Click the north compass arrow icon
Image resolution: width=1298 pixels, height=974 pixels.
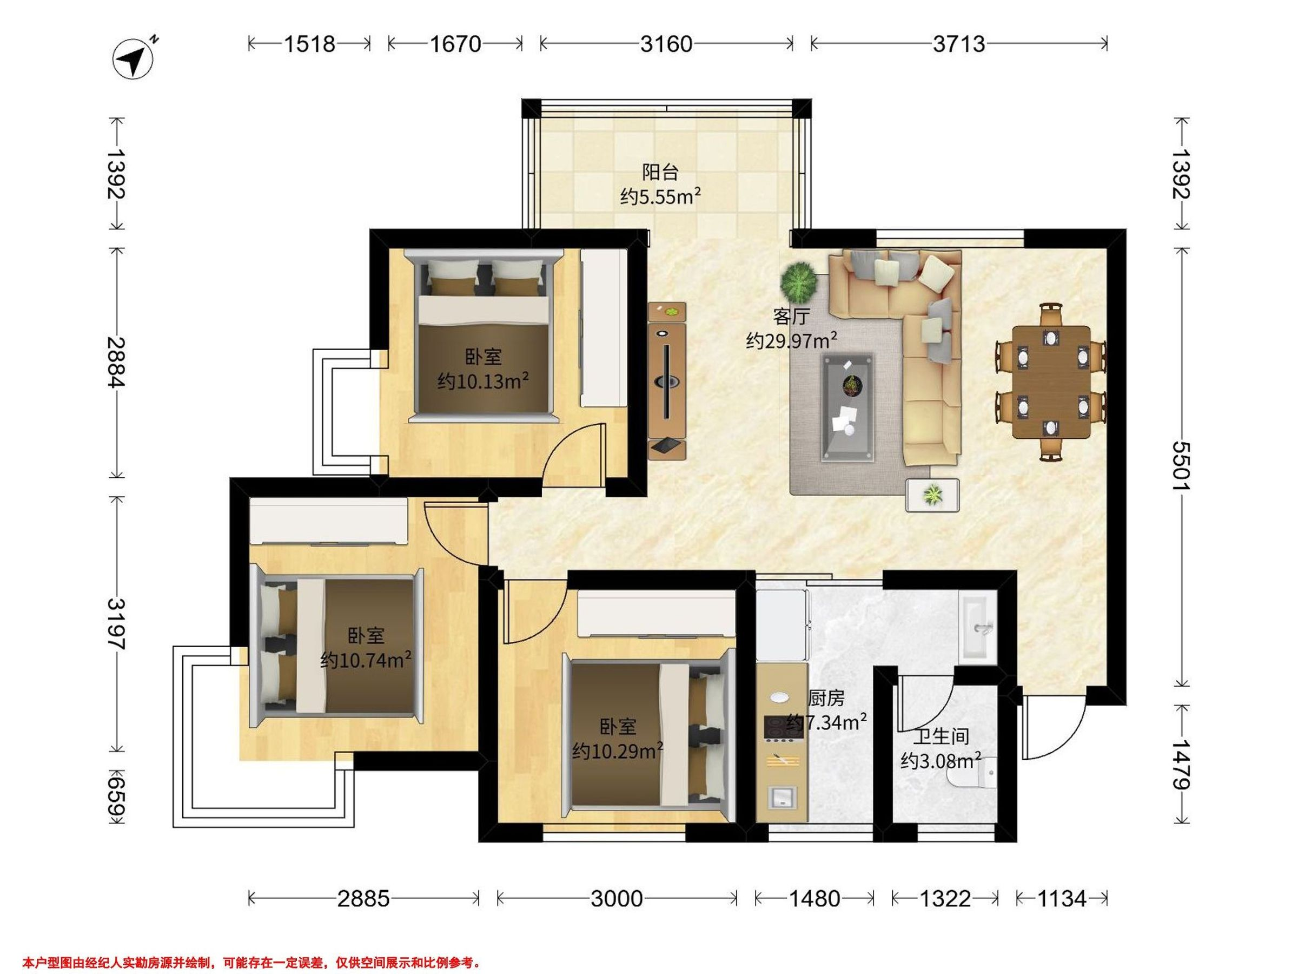(x=134, y=58)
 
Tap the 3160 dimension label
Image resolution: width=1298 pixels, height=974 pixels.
(x=666, y=44)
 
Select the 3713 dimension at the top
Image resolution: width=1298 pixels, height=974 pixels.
(x=959, y=44)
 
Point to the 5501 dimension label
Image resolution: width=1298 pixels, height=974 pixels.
(x=1181, y=467)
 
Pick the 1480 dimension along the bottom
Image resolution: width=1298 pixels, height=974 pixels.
(x=814, y=899)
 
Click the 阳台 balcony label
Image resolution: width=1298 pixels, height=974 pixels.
(x=660, y=172)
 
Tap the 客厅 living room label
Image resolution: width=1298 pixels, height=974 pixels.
(x=791, y=317)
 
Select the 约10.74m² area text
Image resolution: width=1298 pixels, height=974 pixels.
(x=366, y=661)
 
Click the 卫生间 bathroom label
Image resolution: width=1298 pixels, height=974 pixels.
(x=941, y=737)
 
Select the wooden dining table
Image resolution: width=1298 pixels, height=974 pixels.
(x=1051, y=382)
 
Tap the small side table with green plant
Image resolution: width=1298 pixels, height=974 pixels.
(x=932, y=495)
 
